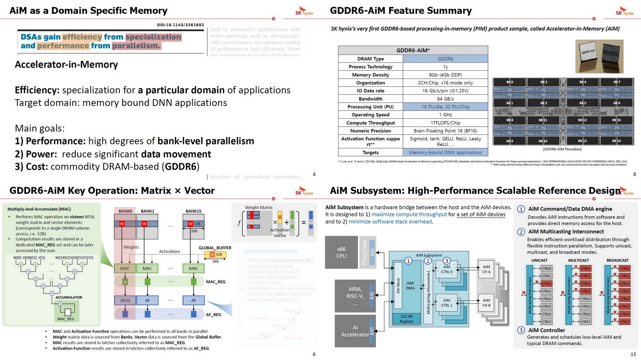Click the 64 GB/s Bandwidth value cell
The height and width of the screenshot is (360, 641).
[x=445, y=99]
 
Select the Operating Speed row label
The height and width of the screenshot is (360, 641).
[x=371, y=115]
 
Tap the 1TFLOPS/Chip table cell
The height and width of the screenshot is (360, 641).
[x=445, y=123]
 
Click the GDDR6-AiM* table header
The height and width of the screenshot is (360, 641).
[x=413, y=50]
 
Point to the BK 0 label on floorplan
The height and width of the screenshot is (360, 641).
[x=510, y=82]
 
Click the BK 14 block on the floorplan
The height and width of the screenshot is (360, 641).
[x=616, y=141]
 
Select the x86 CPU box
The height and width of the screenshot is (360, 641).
[x=341, y=252]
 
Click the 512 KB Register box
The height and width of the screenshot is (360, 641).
[x=406, y=318]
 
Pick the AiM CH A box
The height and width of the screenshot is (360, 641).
[x=486, y=269]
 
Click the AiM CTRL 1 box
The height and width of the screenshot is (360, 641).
[x=447, y=303]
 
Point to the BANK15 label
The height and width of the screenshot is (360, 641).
[x=193, y=211]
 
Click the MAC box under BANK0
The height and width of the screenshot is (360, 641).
[x=125, y=268]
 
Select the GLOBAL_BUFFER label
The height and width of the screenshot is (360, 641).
[x=215, y=248]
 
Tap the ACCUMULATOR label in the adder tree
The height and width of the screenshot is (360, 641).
[x=69, y=297]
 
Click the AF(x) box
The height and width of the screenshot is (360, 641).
[x=125, y=300]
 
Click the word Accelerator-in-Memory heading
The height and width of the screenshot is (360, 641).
[x=66, y=65]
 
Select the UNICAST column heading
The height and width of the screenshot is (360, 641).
[x=539, y=260]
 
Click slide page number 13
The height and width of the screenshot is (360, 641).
[x=633, y=354]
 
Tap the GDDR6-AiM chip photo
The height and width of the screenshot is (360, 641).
[x=599, y=56]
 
